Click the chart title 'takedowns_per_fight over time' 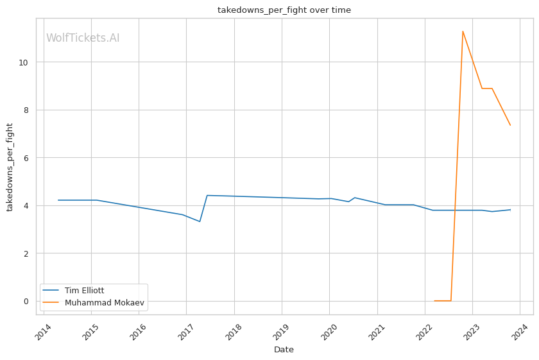click(284, 10)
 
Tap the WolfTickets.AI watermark click(83, 39)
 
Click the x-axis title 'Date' click(284, 350)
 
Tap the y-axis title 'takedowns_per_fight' click(10, 167)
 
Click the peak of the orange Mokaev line click(463, 31)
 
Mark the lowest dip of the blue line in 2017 click(200, 221)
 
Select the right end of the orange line click(510, 125)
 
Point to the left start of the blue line click(58, 200)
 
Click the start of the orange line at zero click(434, 300)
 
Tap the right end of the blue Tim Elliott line click(510, 210)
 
